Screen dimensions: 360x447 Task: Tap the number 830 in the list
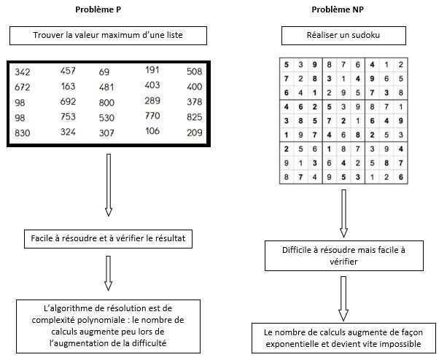click(23, 133)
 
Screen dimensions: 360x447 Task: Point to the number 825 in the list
click(194, 117)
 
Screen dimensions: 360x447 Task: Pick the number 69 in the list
click(104, 71)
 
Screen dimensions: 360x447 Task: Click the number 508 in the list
click(194, 71)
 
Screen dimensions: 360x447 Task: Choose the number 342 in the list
click(23, 71)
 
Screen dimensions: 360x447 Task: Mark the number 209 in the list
click(194, 133)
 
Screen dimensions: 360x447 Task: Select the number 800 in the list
click(106, 102)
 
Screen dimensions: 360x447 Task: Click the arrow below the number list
click(109, 185)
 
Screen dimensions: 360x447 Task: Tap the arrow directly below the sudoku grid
click(343, 212)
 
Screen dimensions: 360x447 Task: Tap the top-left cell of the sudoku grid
click(287, 64)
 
